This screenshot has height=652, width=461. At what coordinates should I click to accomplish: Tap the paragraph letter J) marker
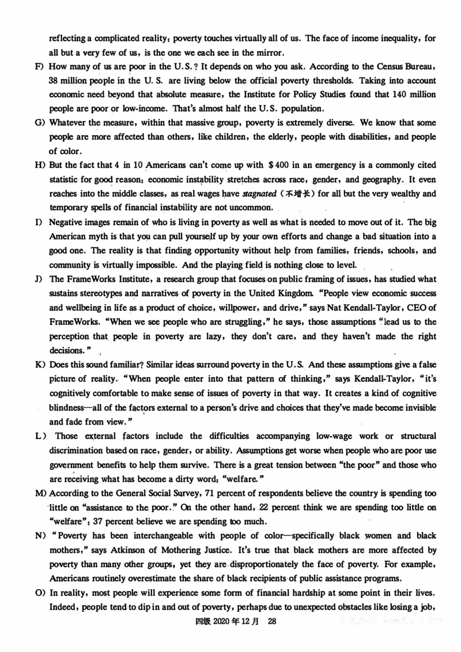point(39,279)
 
